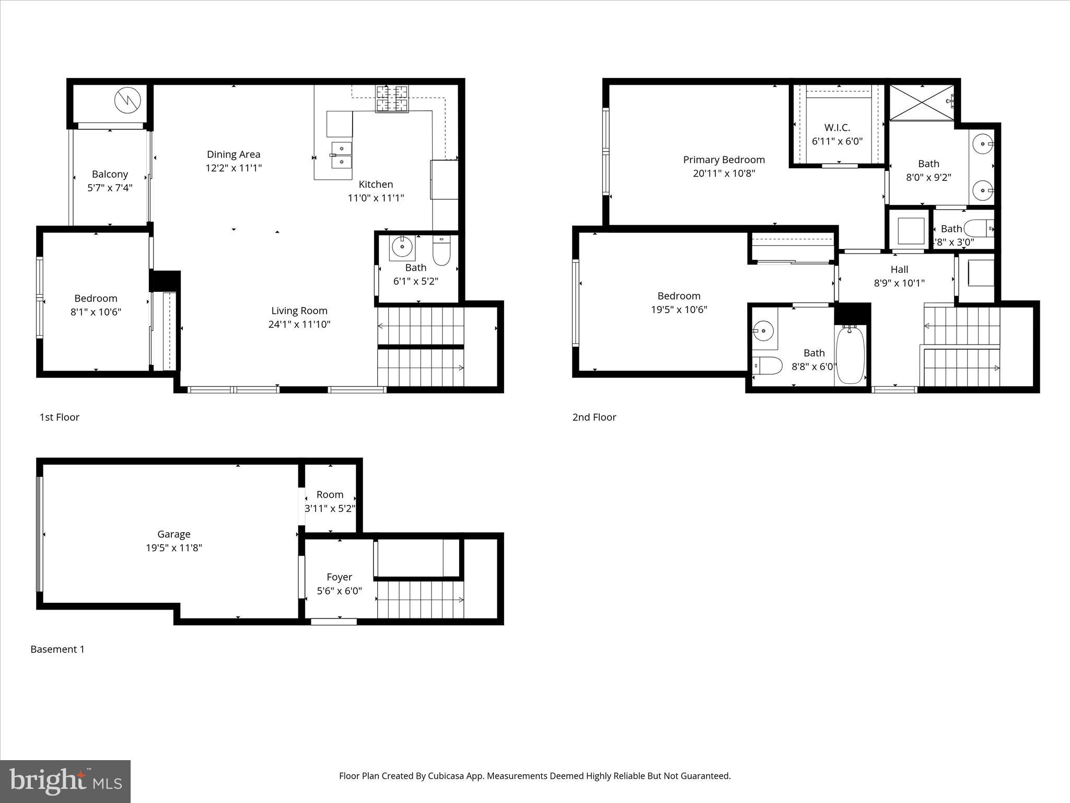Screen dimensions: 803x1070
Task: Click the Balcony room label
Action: point(110,174)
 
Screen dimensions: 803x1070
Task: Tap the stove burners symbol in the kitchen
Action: point(392,99)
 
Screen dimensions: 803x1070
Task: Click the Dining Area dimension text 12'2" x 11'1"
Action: point(233,168)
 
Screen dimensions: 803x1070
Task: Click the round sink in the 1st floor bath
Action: point(402,246)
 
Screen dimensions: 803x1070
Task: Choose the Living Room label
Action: point(299,311)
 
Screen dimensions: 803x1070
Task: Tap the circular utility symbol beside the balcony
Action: point(128,101)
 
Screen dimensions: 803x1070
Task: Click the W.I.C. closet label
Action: point(837,128)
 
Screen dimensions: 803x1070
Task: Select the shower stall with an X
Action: point(922,103)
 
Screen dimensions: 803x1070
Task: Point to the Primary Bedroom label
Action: point(724,159)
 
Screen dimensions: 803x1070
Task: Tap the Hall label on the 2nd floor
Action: point(899,269)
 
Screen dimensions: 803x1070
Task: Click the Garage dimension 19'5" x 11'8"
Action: point(173,548)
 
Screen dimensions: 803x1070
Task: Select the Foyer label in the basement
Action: point(339,577)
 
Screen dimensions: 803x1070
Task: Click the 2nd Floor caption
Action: point(594,417)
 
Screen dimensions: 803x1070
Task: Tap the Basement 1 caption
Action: point(57,649)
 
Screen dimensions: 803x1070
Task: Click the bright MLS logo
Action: point(65,781)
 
